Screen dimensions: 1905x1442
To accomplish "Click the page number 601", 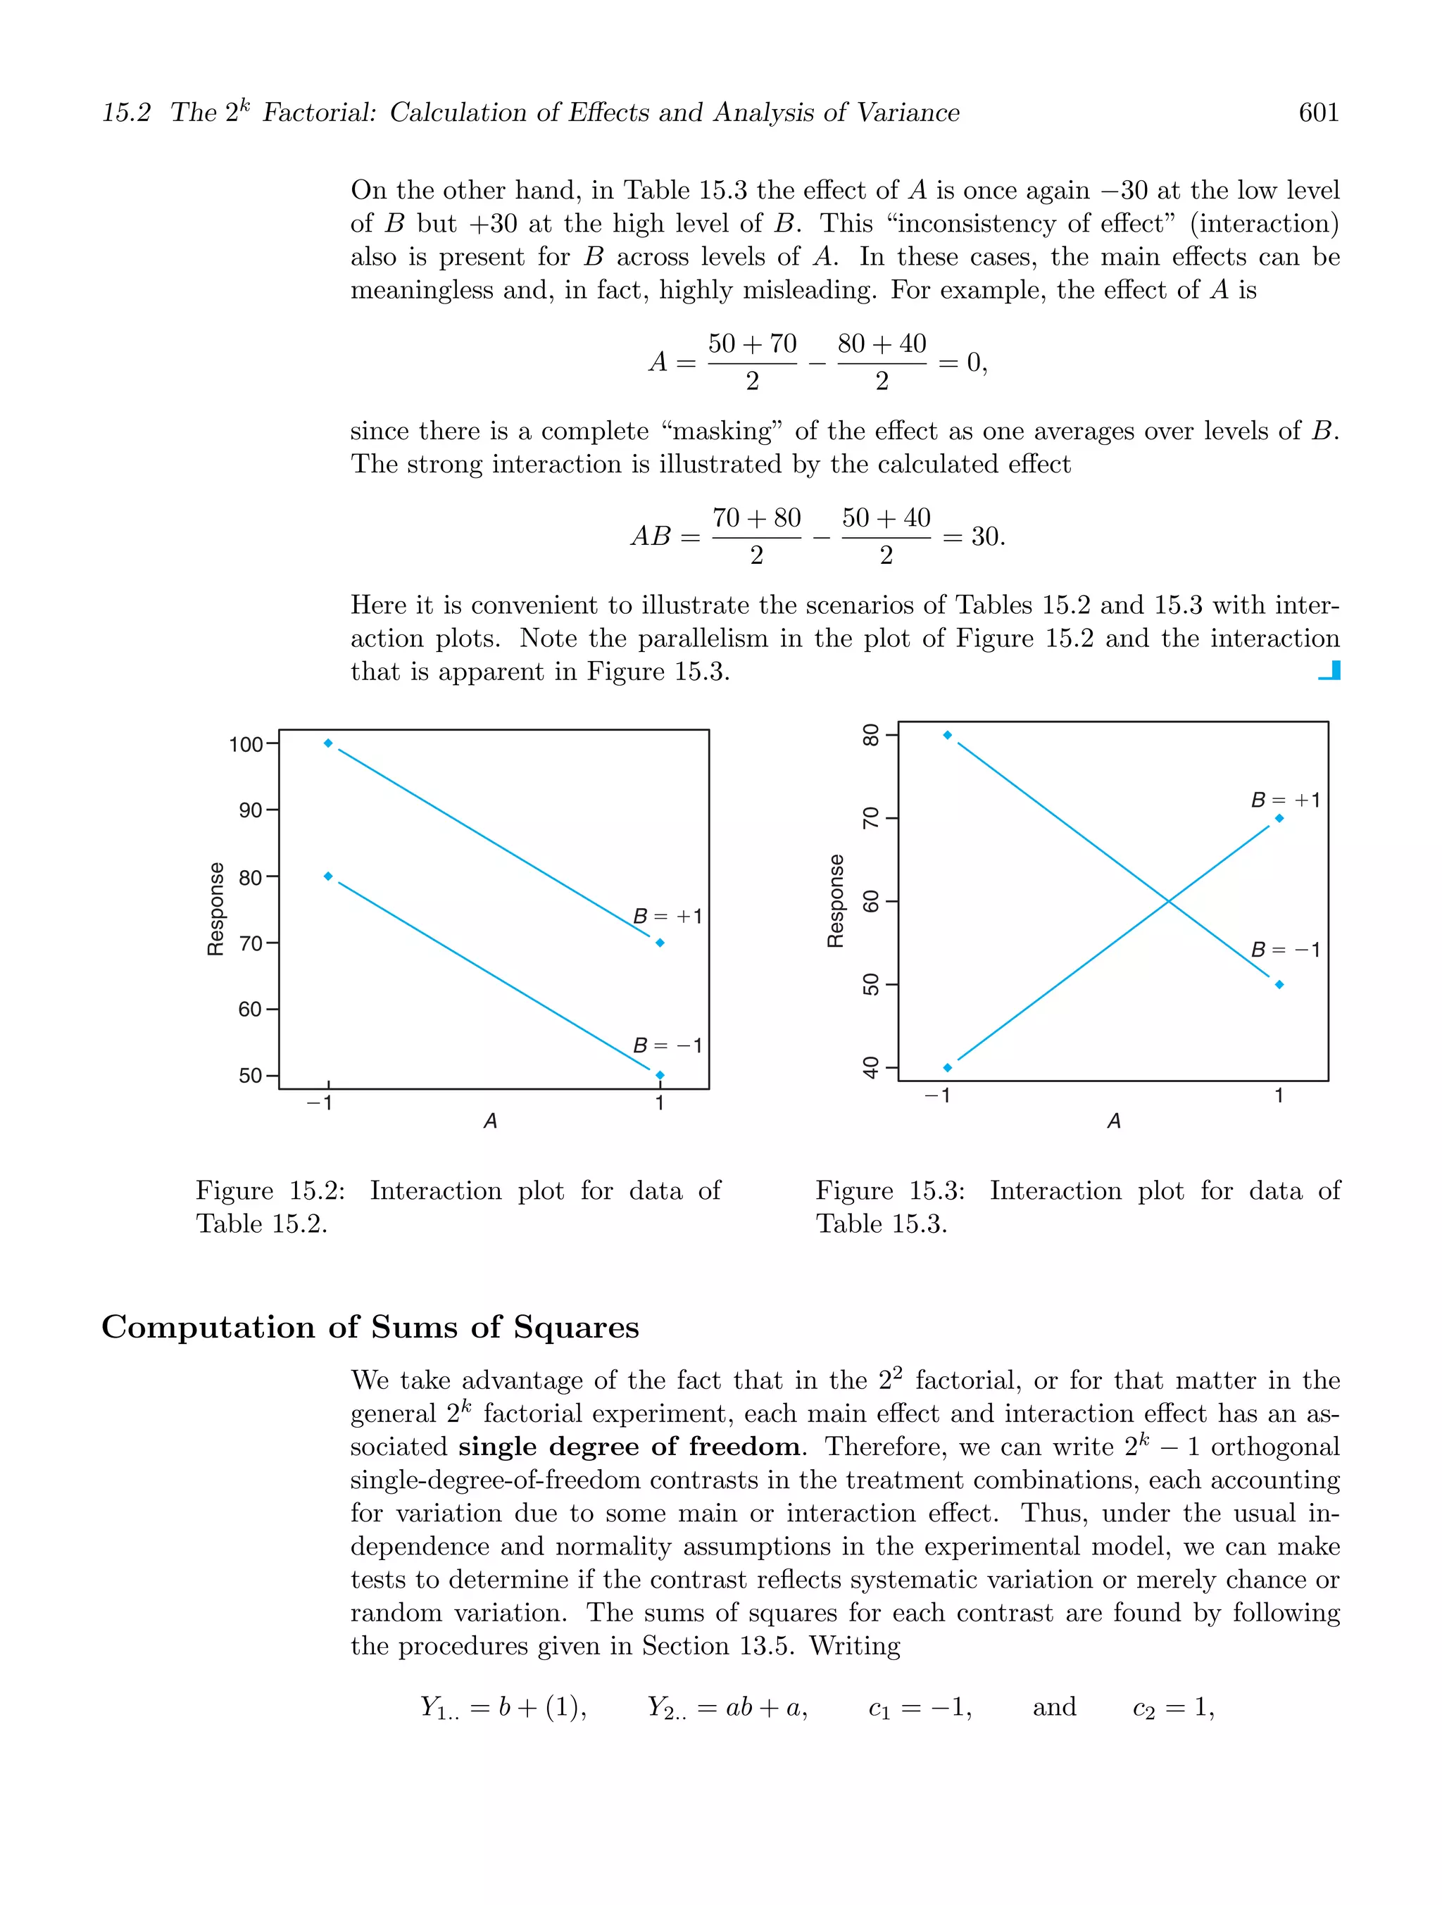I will coord(1318,113).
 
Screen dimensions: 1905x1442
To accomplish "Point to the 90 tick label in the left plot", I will coord(251,810).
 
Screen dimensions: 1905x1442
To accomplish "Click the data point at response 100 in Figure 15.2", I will coord(328,743).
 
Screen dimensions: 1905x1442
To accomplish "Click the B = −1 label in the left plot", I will coord(667,1045).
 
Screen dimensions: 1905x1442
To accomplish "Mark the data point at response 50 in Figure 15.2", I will coord(660,1075).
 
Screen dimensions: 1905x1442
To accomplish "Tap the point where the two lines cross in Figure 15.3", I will coord(1169,902).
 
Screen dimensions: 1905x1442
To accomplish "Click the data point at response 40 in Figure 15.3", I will coord(948,1068).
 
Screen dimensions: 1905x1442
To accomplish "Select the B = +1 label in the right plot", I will coord(1285,800).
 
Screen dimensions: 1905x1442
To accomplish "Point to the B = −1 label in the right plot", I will coord(1285,950).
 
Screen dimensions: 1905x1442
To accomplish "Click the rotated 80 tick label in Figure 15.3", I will coord(871,736).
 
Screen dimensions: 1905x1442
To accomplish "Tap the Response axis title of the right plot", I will coord(834,901).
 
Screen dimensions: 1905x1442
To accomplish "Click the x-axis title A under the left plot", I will coord(490,1121).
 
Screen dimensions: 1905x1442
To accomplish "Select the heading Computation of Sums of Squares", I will coord(370,1327).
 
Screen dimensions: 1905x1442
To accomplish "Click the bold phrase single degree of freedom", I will coord(629,1447).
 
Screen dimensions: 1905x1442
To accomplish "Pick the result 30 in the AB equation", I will coord(986,536).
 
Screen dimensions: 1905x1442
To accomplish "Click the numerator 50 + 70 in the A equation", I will coord(752,344).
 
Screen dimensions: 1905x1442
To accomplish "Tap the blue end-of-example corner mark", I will coord(1330,670).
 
